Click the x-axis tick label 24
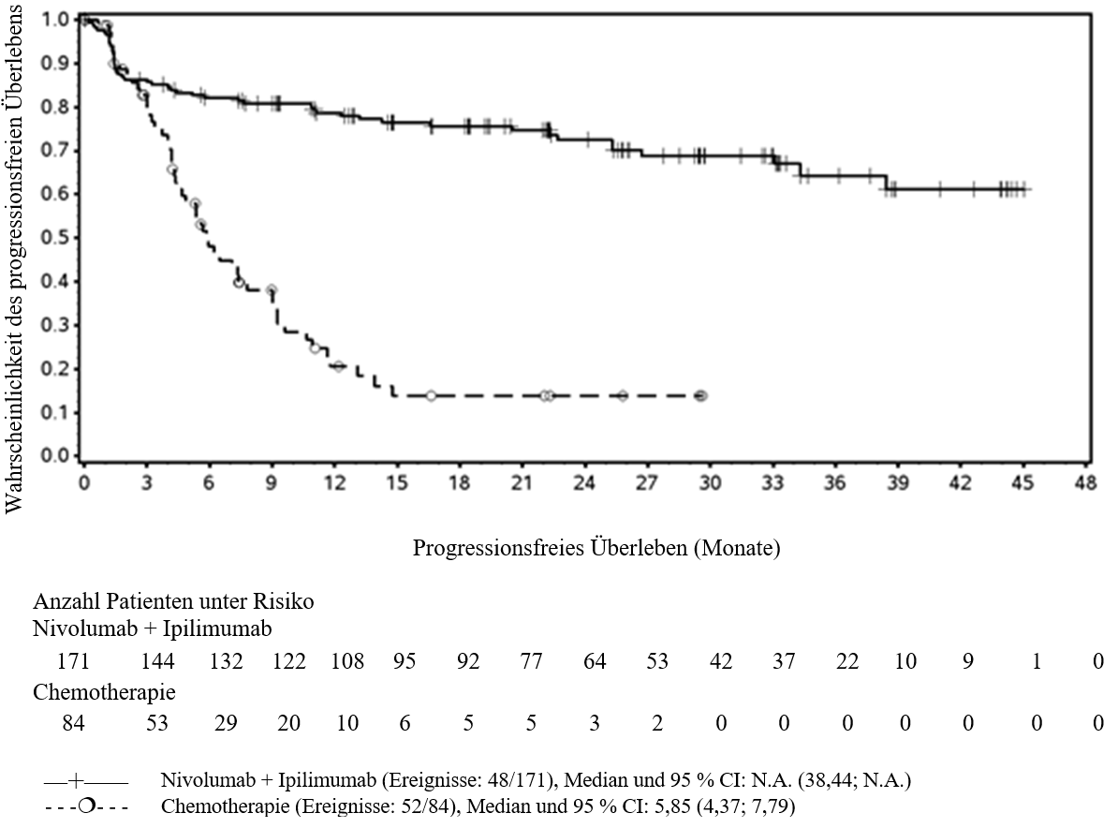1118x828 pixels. point(584,483)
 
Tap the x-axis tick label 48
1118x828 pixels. point(1084,483)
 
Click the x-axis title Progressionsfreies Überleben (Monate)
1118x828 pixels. point(596,548)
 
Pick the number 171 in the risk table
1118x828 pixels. point(73,661)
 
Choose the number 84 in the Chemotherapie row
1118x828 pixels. point(73,723)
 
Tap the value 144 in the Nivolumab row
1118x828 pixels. point(157,661)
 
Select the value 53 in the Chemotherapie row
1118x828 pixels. point(157,723)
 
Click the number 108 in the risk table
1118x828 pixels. point(347,661)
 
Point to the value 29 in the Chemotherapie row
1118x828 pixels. point(226,723)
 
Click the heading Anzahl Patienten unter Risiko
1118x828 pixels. point(173,601)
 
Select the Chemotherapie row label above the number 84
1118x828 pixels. point(104,692)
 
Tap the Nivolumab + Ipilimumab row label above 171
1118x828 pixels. point(153,629)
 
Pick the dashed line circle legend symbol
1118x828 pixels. point(86,807)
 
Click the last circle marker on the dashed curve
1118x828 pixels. point(701,396)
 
